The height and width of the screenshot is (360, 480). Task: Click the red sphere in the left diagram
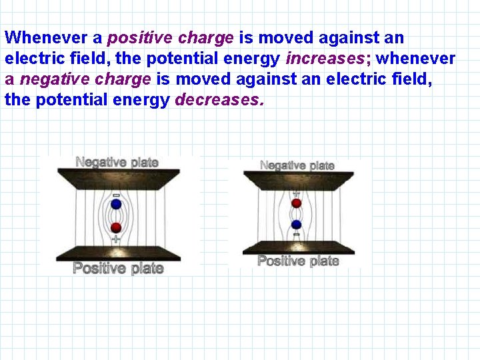117,227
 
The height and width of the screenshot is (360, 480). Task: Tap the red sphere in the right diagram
297,203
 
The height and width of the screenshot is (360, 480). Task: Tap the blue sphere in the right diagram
297,223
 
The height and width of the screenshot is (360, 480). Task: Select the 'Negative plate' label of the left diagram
117,162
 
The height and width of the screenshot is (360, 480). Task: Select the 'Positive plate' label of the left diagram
118,268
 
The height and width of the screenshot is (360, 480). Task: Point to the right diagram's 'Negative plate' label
297,165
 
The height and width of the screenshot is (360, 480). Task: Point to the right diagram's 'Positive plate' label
298,261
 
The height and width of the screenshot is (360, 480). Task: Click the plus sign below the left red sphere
117,238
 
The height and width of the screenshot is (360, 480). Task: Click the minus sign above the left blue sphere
117,195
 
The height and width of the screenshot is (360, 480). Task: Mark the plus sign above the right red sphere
297,193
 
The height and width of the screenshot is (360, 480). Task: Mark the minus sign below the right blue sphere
297,234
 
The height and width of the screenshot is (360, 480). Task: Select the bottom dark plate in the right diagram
298,247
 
